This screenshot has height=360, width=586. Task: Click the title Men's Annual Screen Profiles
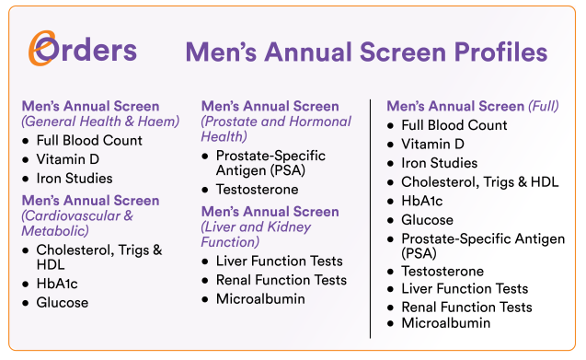366,51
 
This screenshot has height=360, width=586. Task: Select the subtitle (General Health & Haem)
100,122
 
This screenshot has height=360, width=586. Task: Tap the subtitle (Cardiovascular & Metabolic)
77,223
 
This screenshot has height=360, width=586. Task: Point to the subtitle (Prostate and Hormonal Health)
276,129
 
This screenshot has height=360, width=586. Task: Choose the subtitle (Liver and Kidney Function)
257,234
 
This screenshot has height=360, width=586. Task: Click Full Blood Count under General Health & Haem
89,141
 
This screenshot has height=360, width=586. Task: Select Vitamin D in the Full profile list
432,144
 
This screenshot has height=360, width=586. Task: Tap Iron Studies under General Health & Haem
75,178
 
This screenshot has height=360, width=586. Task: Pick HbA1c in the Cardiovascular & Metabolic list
58,285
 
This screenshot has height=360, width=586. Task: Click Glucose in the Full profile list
427,220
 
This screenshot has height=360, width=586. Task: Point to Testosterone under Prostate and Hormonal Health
258,190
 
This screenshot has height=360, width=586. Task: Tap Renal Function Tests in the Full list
466,307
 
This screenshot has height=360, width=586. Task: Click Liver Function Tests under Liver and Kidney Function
280,261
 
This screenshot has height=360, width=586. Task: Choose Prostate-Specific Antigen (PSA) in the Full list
483,246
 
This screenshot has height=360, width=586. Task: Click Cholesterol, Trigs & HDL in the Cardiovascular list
99,258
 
